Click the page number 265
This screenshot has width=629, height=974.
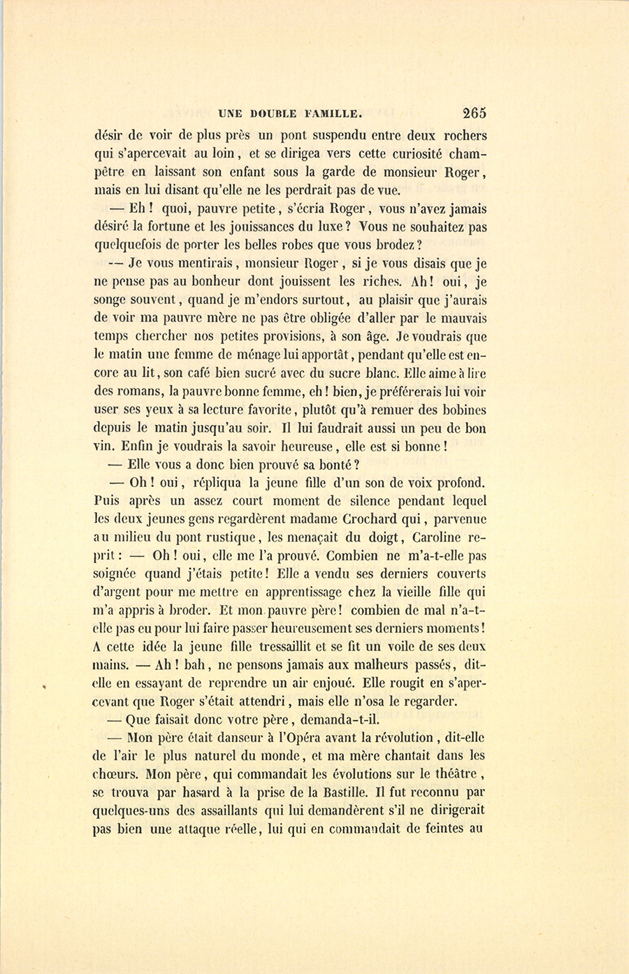[x=473, y=113]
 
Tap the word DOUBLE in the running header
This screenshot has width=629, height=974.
[x=273, y=114]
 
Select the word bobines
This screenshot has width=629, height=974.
[x=461, y=409]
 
